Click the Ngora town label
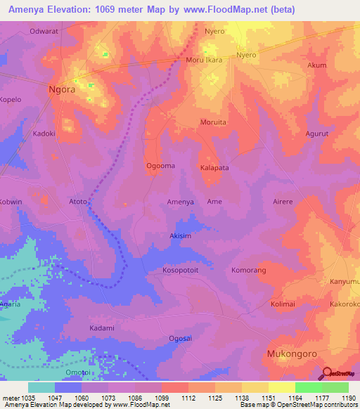point(61,89)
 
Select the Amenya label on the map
point(180,202)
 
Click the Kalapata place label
point(215,168)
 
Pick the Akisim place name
point(180,236)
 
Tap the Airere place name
point(282,202)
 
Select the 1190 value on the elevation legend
point(347,398)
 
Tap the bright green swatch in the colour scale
point(308,387)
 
